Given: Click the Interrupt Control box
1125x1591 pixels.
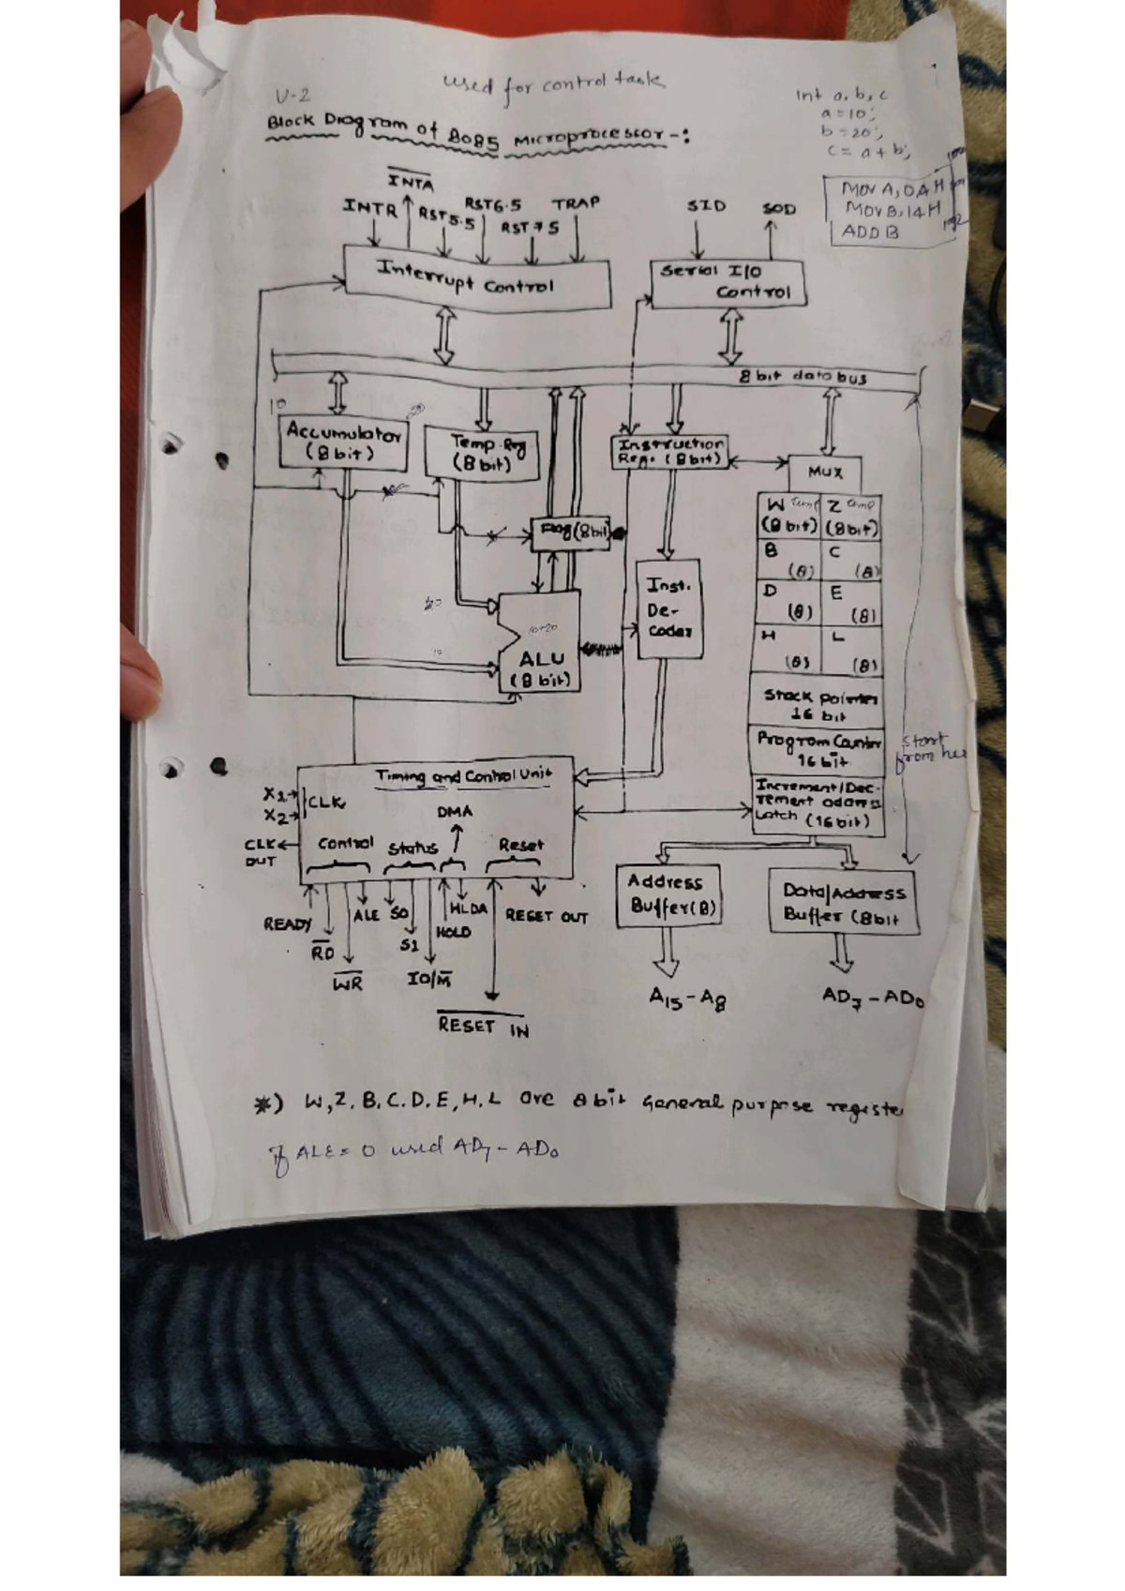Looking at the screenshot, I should [x=477, y=278].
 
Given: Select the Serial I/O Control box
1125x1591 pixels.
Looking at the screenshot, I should [x=727, y=281].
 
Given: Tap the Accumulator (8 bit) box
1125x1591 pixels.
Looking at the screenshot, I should [x=344, y=442].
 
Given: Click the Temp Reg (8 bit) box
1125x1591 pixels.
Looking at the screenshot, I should [x=482, y=453].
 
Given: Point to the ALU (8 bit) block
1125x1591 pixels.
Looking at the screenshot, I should [x=540, y=647].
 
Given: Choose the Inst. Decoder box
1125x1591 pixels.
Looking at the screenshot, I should [x=668, y=609].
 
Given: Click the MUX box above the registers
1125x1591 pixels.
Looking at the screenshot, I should [x=825, y=472].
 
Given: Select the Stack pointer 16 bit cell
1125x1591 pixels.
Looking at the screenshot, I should [x=817, y=704].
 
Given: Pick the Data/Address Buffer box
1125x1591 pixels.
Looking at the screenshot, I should [x=843, y=903].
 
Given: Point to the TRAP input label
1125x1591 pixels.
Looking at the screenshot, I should [x=576, y=203].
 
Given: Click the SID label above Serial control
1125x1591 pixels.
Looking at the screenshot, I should [x=705, y=205].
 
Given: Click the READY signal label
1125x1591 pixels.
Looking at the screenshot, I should [x=287, y=924].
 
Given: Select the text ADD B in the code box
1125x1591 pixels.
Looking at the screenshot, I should [x=870, y=231].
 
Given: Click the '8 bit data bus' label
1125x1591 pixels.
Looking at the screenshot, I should [x=802, y=377].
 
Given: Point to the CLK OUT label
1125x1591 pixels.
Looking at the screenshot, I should [x=262, y=852].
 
